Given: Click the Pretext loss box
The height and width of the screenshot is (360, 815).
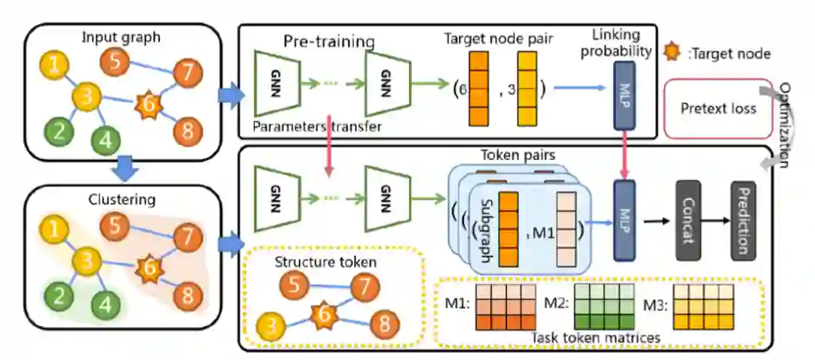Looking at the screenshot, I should [x=718, y=109].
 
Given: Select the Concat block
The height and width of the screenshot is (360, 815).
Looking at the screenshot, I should [x=688, y=220].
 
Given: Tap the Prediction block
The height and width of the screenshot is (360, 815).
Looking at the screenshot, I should [x=743, y=220].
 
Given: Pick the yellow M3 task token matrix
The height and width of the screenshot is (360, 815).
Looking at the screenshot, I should [x=701, y=306].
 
